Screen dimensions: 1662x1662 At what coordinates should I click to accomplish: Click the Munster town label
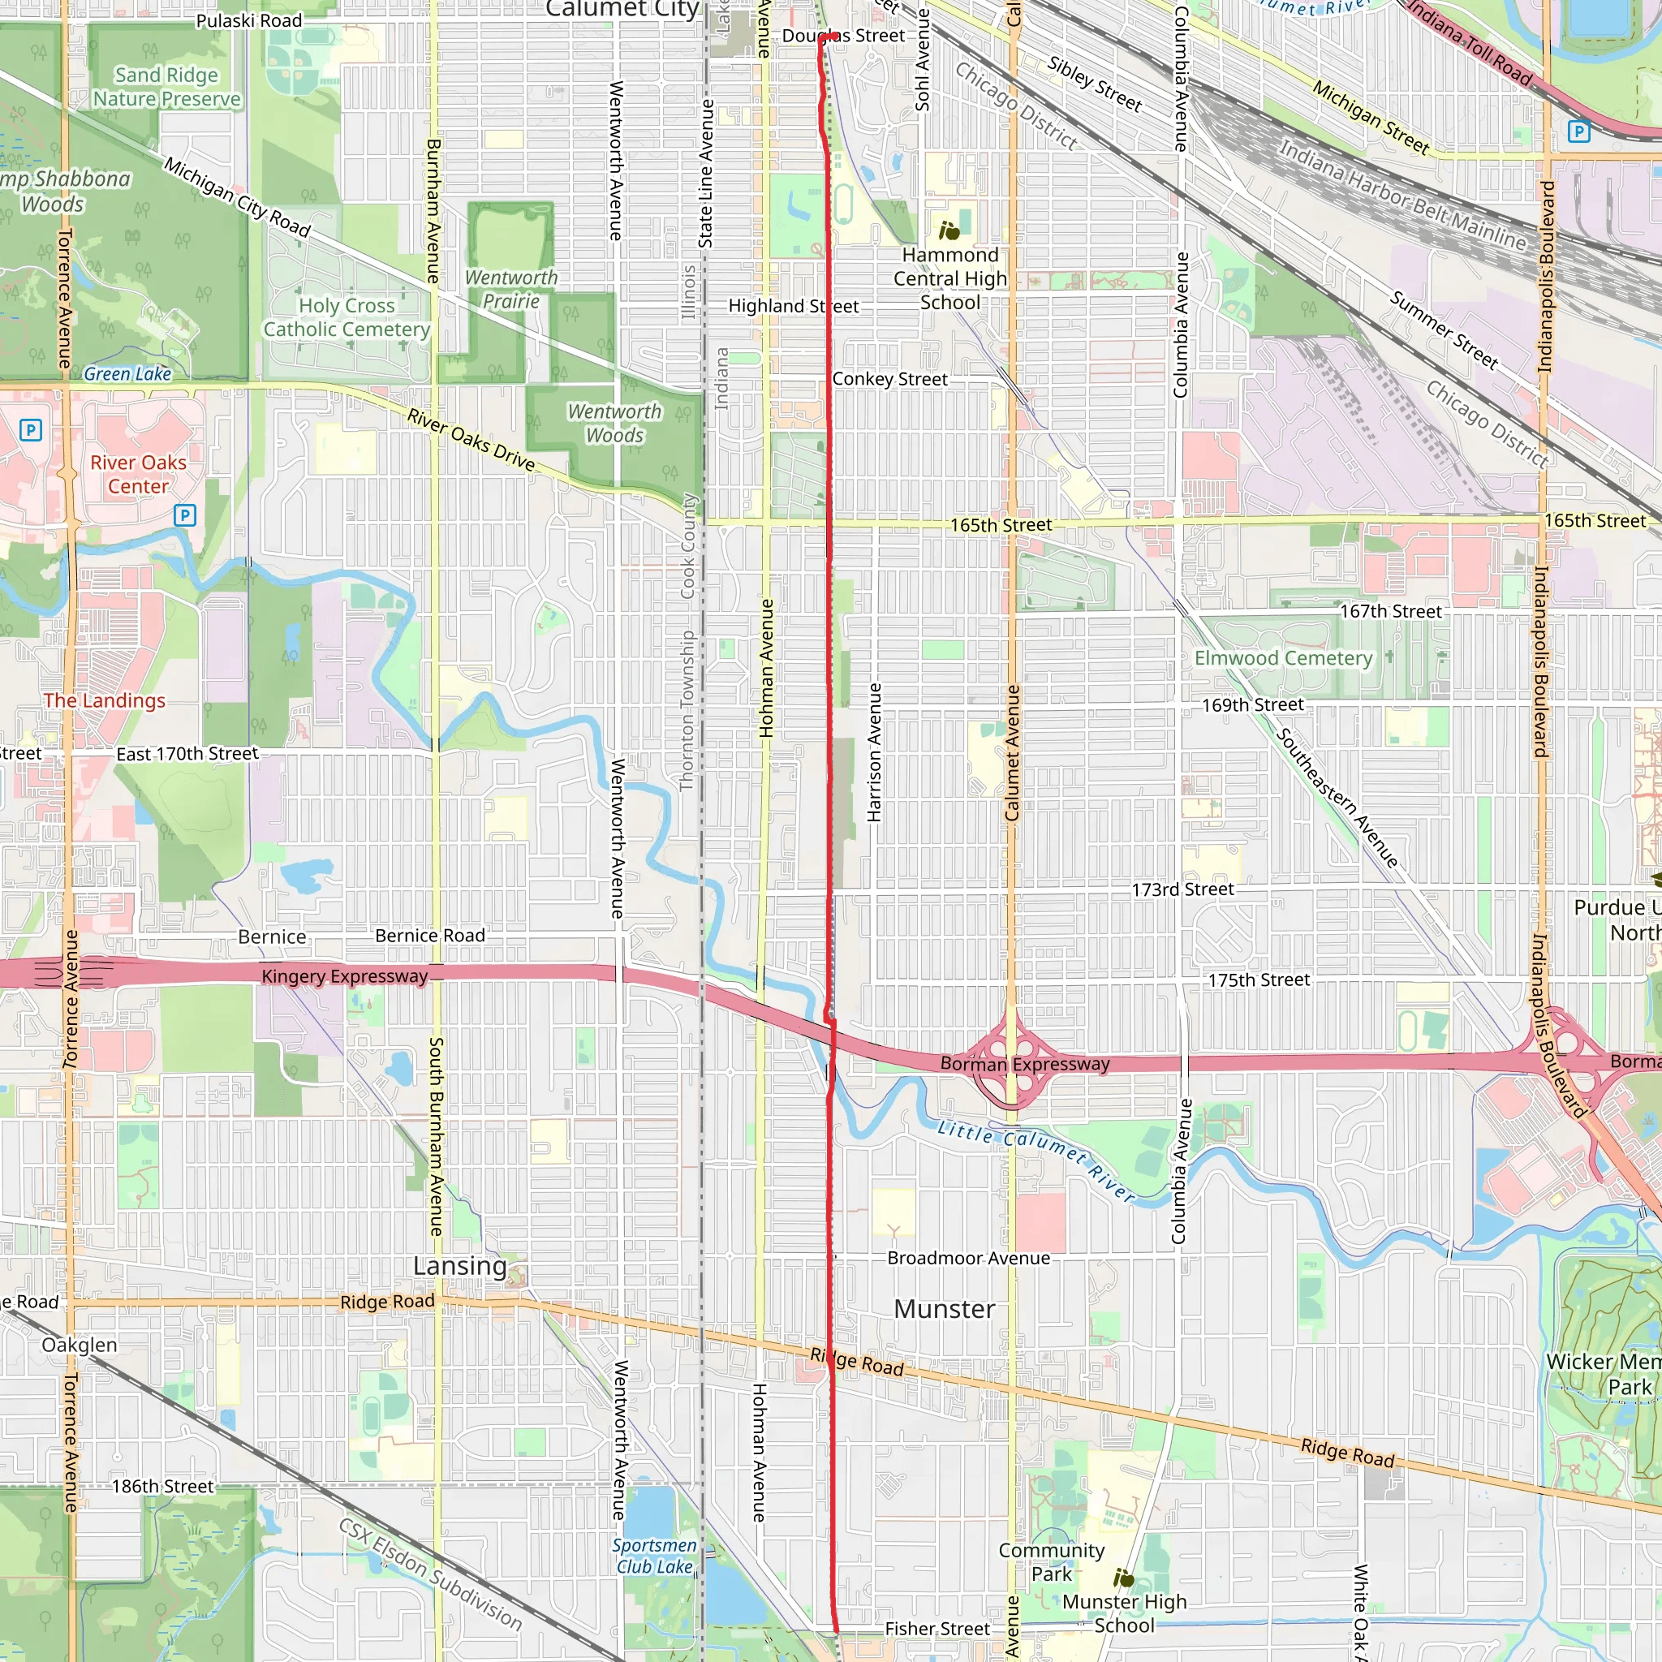(944, 1308)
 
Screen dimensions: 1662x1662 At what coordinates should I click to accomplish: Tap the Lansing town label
(460, 1265)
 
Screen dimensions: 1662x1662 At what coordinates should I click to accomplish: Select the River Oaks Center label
(139, 474)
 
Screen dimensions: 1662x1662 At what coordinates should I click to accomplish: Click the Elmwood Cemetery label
(1283, 658)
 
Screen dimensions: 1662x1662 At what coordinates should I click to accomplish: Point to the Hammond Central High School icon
(949, 230)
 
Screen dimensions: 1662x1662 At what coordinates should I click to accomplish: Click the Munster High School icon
(1123, 1578)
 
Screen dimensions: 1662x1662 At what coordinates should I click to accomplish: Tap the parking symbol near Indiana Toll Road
(1578, 131)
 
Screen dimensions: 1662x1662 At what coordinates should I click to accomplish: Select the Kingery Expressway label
(344, 976)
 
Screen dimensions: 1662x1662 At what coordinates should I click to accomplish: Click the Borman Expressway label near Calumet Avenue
(1025, 1064)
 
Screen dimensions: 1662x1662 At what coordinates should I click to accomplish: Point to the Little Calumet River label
(1036, 1160)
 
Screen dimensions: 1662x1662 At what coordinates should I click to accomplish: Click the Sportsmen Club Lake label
(654, 1556)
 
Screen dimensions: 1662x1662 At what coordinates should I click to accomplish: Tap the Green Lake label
(127, 373)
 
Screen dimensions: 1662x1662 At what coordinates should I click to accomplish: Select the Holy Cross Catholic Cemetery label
(347, 317)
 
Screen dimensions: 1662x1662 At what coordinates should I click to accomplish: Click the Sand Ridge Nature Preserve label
(167, 87)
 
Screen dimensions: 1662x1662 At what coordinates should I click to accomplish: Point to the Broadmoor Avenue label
(968, 1258)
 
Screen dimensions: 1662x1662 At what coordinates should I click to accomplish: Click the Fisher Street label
(936, 1629)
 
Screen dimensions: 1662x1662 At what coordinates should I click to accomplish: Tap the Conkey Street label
(889, 379)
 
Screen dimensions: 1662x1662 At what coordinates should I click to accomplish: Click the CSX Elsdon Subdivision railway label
(430, 1574)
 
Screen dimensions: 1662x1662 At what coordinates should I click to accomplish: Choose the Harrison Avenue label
(874, 753)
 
